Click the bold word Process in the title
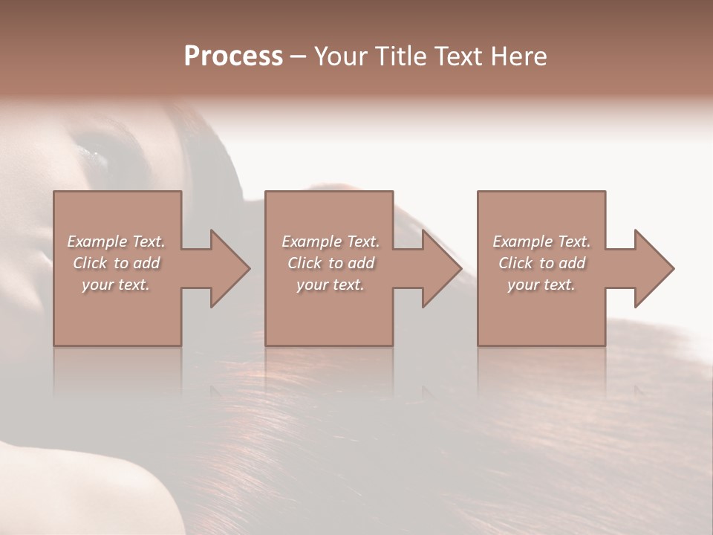pos(233,56)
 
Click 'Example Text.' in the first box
pos(116,241)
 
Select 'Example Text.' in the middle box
pos(331,241)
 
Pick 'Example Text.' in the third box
pos(541,241)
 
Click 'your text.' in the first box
pos(116,285)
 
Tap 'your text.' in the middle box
pos(331,285)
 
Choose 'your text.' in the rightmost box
pos(541,285)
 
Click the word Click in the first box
pos(91,263)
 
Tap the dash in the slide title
pos(299,57)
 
